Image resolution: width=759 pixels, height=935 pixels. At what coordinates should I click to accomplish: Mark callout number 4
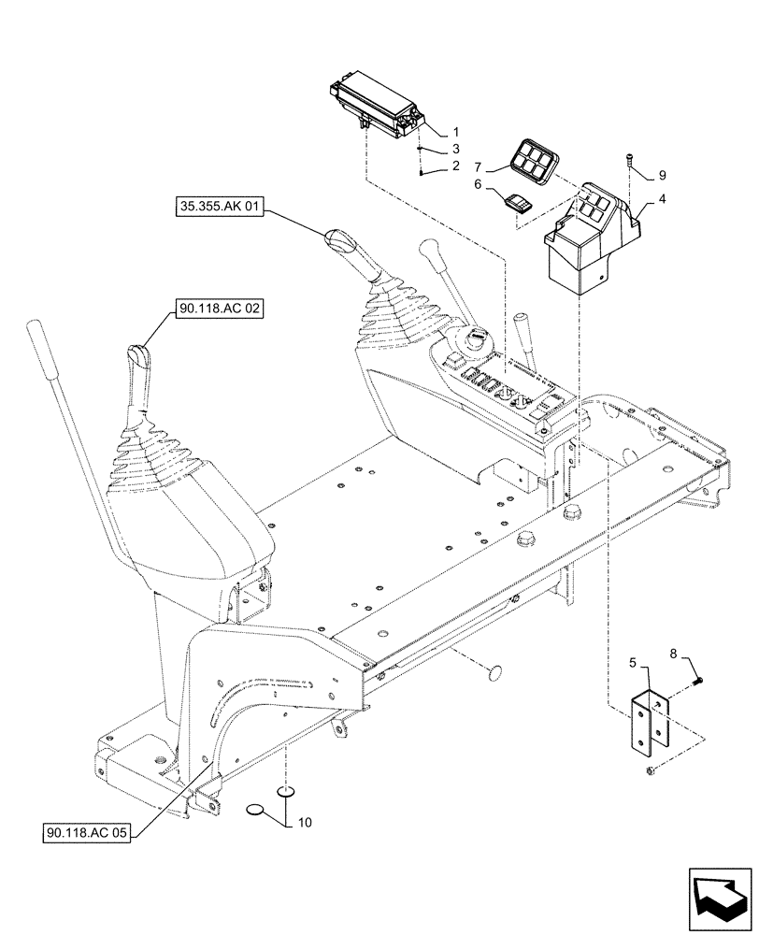[x=662, y=198]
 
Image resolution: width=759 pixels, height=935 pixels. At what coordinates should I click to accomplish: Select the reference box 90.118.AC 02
[x=218, y=307]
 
